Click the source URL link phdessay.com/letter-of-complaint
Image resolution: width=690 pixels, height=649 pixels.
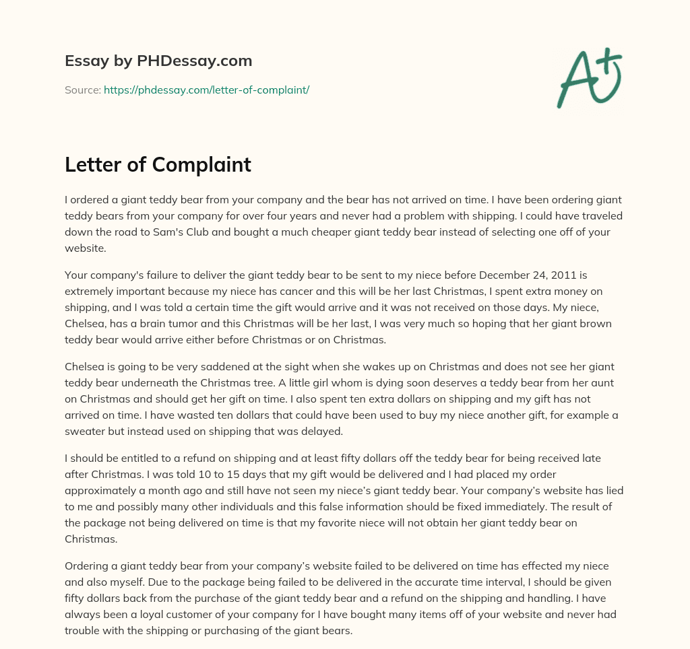[x=206, y=90]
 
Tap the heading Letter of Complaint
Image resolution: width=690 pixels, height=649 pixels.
[x=158, y=164]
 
